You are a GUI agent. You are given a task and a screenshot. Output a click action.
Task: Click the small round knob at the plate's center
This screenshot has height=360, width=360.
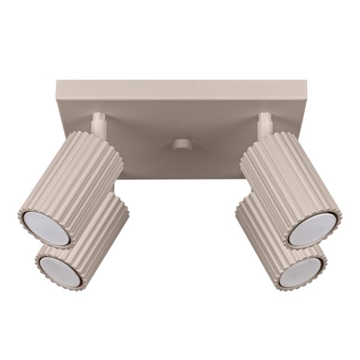point(179,146)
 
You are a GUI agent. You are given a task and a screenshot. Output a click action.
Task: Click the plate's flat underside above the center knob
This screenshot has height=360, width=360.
point(179,120)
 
